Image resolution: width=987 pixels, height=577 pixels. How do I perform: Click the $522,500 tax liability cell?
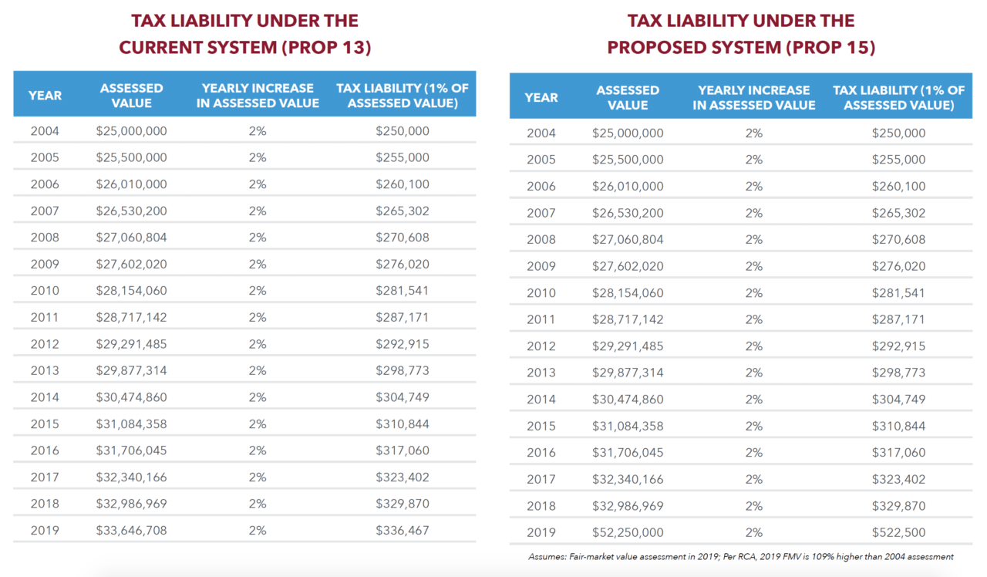click(x=898, y=532)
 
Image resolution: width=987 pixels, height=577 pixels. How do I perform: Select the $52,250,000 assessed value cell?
click(x=628, y=532)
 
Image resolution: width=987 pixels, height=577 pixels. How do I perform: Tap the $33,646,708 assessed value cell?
click(x=131, y=530)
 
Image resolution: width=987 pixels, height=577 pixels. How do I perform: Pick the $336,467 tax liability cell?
click(x=403, y=530)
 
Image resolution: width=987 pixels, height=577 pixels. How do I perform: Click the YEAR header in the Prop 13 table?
click(x=45, y=96)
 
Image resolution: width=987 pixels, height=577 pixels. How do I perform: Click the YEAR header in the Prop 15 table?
click(x=541, y=97)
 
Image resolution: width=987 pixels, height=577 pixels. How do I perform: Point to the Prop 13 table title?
click(x=244, y=34)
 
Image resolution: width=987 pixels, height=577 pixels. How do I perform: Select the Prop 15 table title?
click(x=741, y=34)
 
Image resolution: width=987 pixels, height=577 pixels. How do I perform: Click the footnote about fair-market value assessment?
click(x=741, y=556)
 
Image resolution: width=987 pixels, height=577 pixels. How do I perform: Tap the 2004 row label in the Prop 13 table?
click(x=45, y=131)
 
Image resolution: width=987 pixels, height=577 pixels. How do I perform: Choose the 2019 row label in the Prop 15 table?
click(x=541, y=532)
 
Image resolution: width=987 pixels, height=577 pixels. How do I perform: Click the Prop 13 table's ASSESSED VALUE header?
click(x=131, y=96)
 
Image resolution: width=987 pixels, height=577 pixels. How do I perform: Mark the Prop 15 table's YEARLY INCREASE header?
click(x=753, y=97)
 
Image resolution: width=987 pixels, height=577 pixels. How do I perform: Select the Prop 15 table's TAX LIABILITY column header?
click(x=898, y=97)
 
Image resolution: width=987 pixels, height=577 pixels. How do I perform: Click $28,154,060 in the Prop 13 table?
click(x=131, y=291)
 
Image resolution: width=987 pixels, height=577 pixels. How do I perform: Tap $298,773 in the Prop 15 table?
click(x=898, y=373)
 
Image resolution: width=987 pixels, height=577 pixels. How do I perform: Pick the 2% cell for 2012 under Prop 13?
click(x=258, y=344)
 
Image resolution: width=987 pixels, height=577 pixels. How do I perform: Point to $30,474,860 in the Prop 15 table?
click(x=628, y=400)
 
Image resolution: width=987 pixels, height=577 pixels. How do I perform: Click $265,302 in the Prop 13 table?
click(x=403, y=211)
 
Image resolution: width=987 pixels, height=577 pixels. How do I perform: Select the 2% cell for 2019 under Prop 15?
click(x=753, y=532)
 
